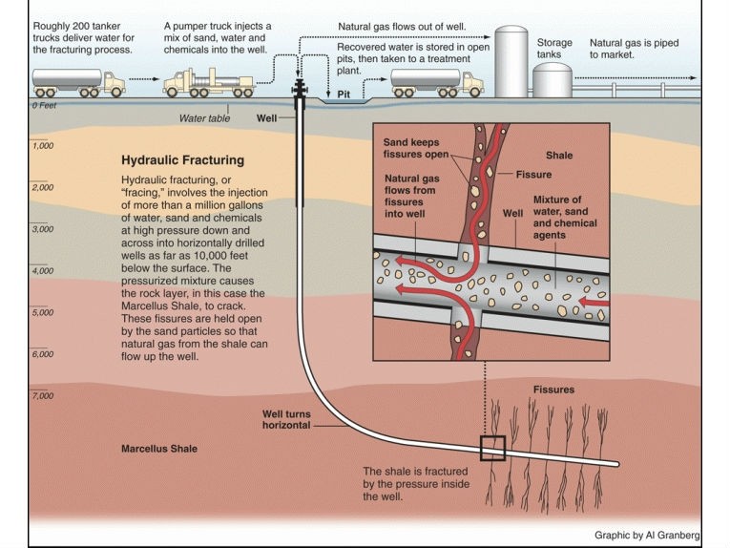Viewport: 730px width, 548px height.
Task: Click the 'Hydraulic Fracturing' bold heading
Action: tap(182, 161)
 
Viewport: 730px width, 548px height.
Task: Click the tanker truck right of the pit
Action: tap(436, 82)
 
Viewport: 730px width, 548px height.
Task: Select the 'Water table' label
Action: tap(205, 119)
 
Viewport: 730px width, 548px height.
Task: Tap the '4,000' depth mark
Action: tap(42, 271)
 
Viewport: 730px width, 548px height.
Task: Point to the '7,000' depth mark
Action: tap(42, 395)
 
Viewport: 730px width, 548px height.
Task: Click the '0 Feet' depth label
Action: tap(45, 105)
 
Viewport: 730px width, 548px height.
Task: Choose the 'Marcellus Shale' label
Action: tap(158, 448)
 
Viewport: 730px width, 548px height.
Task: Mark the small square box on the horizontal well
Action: tap(492, 448)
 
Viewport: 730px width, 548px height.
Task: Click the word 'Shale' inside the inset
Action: tap(560, 155)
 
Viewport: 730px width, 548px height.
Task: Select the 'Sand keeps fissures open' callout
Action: tap(409, 149)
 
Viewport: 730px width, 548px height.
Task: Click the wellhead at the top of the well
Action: tap(301, 88)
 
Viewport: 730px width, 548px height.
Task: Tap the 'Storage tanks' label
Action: tap(554, 49)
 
